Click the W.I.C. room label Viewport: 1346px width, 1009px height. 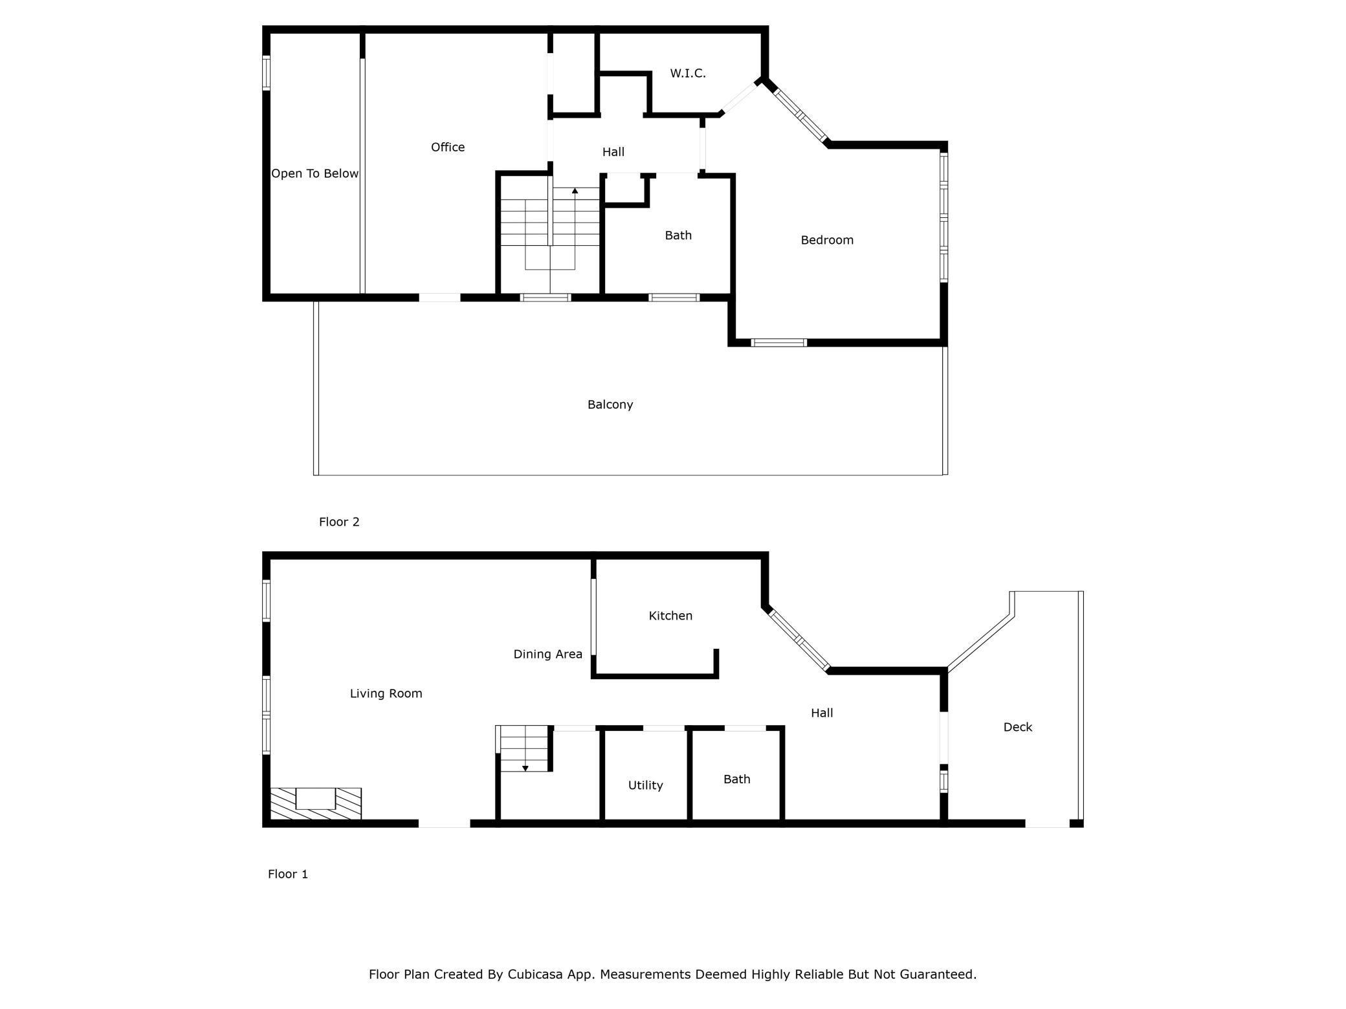click(x=687, y=73)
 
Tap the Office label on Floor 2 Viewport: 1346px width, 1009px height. click(x=448, y=147)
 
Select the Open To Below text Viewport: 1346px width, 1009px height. click(x=314, y=173)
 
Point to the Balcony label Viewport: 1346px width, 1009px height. click(x=610, y=404)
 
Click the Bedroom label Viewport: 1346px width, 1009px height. click(x=826, y=240)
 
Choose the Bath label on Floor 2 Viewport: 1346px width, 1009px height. click(x=678, y=235)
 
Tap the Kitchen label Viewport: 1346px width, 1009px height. click(x=670, y=616)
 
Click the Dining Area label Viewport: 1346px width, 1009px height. click(x=547, y=654)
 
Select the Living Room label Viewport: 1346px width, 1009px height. click(x=386, y=693)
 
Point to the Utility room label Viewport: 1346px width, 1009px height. click(x=645, y=785)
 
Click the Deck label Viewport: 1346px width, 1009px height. click(x=1017, y=727)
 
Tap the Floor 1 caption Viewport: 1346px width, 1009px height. click(x=288, y=874)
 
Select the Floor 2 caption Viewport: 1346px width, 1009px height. click(x=339, y=522)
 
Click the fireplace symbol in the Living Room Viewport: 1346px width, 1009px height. click(x=316, y=803)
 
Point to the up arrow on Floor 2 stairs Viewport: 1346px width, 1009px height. click(x=575, y=191)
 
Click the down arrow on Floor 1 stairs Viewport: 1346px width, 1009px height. click(x=525, y=768)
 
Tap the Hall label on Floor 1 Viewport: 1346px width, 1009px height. click(x=822, y=713)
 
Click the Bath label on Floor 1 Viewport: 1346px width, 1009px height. click(x=736, y=779)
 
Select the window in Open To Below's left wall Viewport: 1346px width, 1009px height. click(x=266, y=72)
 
